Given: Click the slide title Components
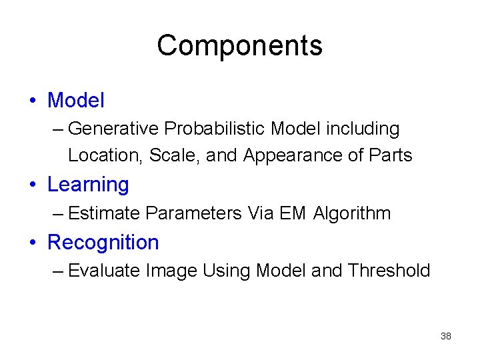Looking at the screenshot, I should [x=239, y=46].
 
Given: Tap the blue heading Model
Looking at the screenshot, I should [x=76, y=101].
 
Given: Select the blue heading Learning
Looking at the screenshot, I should [x=88, y=185].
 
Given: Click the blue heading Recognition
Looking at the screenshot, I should [x=103, y=242].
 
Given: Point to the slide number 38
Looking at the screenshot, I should [x=446, y=336].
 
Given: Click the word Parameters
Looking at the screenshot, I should [x=193, y=213].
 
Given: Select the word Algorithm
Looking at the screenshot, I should [x=351, y=213].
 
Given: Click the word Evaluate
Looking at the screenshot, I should [x=104, y=271].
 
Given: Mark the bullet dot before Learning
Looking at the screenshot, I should [x=33, y=185].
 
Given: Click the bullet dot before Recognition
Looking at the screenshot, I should [x=33, y=243].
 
